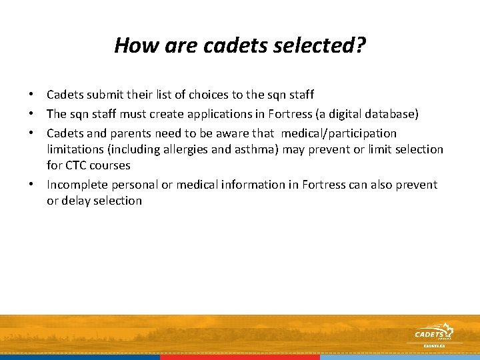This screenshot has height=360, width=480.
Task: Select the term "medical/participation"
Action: coord(339,133)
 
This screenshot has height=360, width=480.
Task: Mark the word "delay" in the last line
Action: coord(77,201)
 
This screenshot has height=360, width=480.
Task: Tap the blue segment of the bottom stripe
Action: coord(80,357)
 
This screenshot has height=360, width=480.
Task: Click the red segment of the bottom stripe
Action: coord(240,357)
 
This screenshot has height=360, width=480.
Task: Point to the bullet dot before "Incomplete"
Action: coord(31,185)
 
